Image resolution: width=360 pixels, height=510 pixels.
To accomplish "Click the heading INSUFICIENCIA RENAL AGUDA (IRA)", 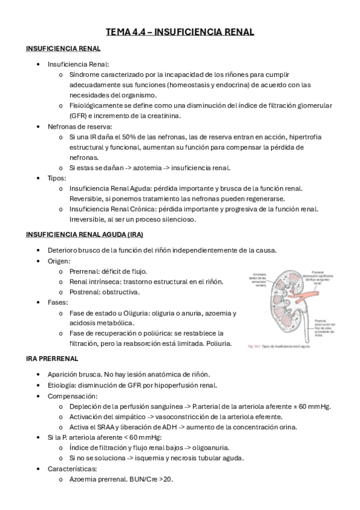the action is click(85, 234).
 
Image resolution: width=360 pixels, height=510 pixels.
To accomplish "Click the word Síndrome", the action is click(87, 74).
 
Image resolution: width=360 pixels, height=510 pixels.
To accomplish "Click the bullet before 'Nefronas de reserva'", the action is click(39, 126).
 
